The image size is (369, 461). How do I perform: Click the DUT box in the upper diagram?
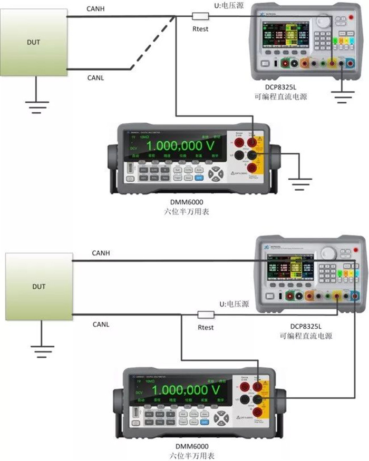pos(33,41)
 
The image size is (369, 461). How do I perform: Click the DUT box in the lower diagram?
pos(38,287)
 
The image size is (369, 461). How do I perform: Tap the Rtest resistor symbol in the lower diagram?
pos(206,315)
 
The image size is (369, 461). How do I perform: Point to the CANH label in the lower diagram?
pos(101,253)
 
